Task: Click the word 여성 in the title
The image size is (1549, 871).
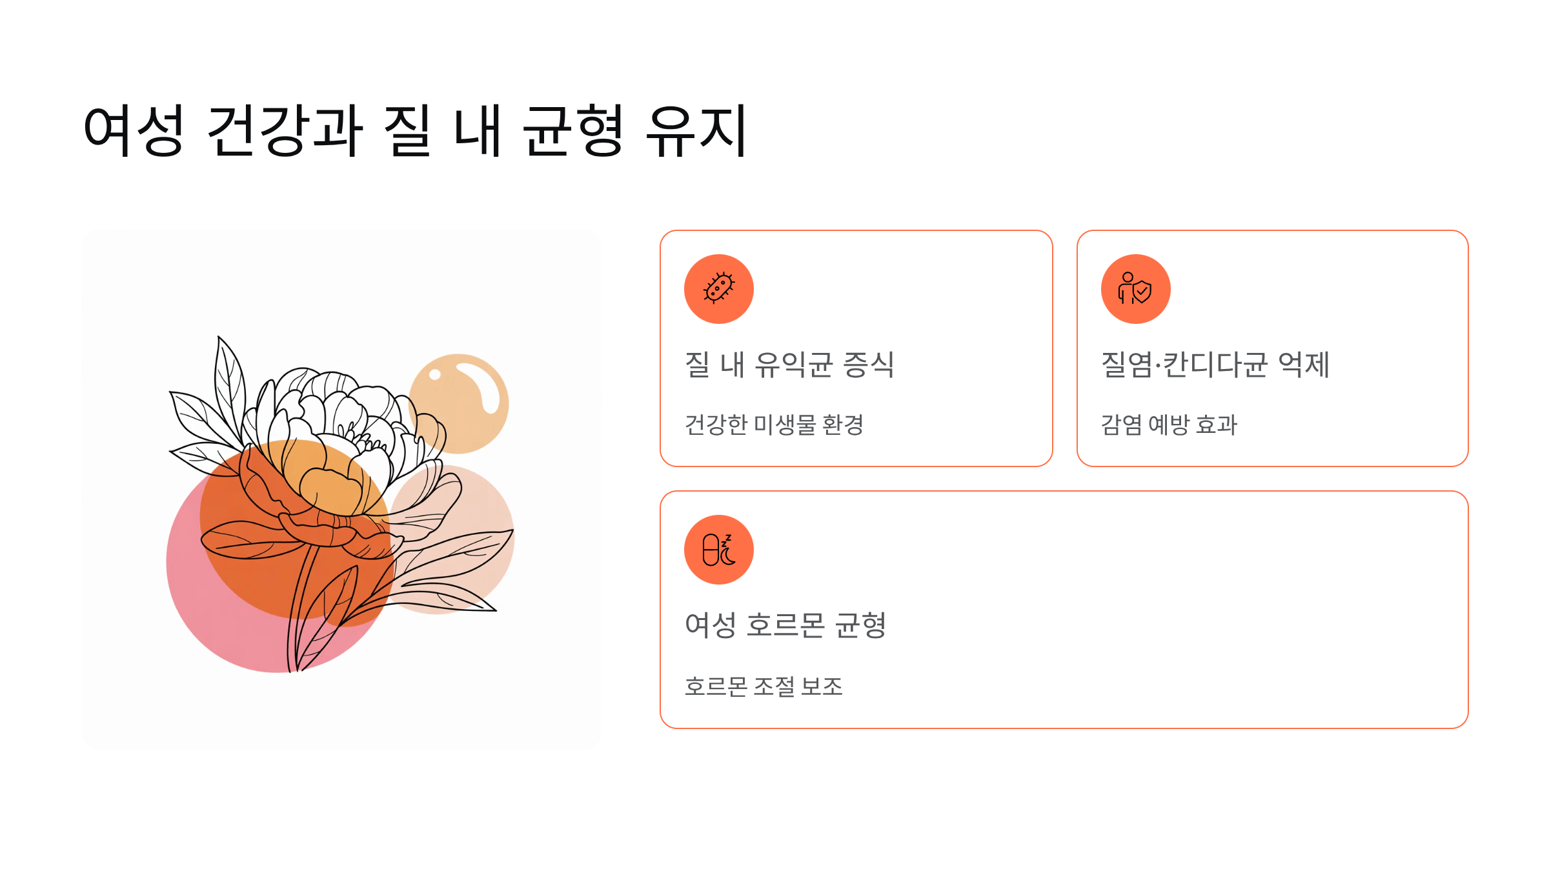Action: pos(134,131)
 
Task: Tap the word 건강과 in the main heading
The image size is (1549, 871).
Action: pos(285,131)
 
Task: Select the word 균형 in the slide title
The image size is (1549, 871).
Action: pos(572,131)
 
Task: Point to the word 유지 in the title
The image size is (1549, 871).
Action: pos(696,131)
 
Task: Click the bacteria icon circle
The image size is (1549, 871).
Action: pos(718,288)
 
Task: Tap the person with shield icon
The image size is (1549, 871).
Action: pos(1135,288)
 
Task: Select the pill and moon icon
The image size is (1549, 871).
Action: pos(718,550)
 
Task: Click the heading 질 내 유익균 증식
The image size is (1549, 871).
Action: pos(789,365)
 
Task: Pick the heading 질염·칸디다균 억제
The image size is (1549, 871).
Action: pos(1215,365)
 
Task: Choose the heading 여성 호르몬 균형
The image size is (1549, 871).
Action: pos(785,625)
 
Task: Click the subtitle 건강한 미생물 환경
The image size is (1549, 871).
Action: pos(773,425)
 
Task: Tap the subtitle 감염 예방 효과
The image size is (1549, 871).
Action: pos(1168,425)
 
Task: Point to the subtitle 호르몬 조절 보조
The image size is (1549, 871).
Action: pos(763,686)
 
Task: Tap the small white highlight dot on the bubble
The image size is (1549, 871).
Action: pos(435,375)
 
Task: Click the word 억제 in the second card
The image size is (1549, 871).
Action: pos(1303,365)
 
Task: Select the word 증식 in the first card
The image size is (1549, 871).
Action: pos(868,365)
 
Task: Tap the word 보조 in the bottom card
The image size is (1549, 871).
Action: pos(821,686)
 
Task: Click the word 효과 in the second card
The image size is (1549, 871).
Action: pos(1216,425)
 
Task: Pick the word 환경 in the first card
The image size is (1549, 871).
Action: pos(842,425)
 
